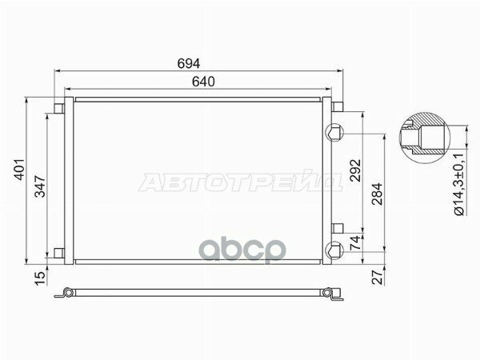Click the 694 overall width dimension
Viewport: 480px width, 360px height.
coord(189,63)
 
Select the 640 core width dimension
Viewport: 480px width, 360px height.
coord(203,82)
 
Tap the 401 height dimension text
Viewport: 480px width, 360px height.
coord(19,169)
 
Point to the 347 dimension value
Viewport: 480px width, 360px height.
coord(40,186)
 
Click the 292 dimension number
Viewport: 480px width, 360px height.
coord(355,170)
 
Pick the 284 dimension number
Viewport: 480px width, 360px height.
coord(377,194)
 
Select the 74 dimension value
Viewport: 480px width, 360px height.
coord(355,243)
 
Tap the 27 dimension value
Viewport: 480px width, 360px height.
coord(378,277)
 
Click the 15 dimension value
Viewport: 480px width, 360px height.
coord(40,278)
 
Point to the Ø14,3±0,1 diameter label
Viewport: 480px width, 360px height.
coord(459,184)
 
